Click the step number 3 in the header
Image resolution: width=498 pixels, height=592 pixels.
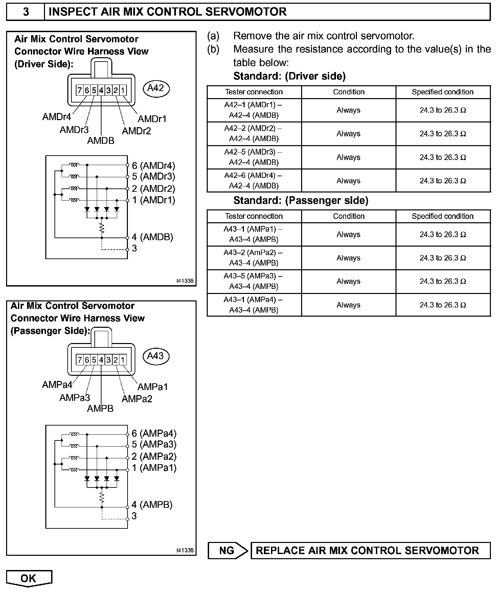(26, 12)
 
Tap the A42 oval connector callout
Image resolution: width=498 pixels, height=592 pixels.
(156, 88)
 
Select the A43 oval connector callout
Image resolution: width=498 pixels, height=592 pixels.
(156, 356)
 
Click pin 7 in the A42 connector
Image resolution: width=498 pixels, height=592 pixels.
(80, 90)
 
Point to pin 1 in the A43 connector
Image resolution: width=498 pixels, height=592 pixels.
(123, 360)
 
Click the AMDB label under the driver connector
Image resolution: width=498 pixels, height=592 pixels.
(101, 141)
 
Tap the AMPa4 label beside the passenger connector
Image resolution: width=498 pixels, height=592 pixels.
(57, 385)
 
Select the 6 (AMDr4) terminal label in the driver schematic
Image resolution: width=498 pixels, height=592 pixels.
(153, 165)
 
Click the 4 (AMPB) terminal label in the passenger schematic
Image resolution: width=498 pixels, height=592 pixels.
(152, 505)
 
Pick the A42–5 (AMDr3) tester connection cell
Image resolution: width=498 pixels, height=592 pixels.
(254, 157)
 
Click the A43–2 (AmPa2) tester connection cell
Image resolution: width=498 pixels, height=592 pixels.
(254, 257)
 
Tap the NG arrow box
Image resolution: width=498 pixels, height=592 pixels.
(228, 550)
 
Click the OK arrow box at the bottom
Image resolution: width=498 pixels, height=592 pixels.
(29, 578)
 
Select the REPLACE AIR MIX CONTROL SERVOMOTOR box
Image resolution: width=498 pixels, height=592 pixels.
(370, 550)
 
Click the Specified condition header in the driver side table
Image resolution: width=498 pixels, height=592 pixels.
(443, 92)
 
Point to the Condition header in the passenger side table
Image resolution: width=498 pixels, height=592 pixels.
(348, 216)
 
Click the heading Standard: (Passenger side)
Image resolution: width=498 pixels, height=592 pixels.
(300, 201)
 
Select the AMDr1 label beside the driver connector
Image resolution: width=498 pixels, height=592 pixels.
(152, 119)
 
